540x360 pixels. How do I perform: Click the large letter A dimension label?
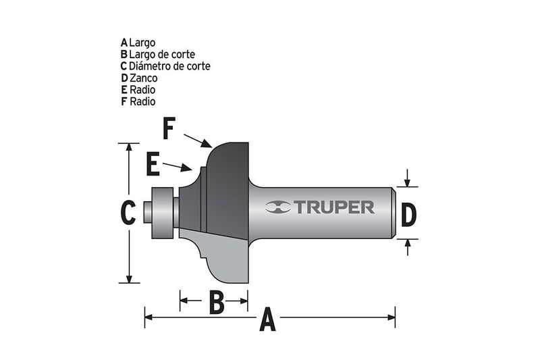point(268,318)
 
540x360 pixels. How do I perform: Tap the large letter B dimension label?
point(216,302)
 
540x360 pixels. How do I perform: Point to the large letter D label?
point(408,215)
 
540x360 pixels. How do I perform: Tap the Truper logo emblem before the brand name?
point(277,207)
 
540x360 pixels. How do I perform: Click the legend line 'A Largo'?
point(138,42)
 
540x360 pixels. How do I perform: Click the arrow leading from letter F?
point(198,140)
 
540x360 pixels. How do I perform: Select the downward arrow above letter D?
point(408,178)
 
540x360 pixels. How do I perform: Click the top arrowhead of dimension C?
point(128,147)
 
